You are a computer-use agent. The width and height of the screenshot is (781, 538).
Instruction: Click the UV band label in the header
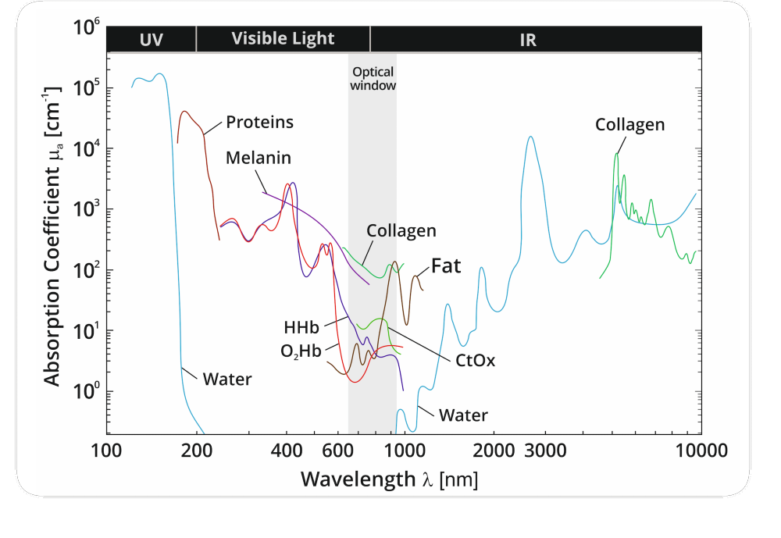151,39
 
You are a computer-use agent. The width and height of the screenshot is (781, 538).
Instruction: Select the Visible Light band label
283,38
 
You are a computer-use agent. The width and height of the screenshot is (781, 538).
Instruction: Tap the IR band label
528,39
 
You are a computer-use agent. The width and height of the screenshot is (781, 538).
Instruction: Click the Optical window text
373,79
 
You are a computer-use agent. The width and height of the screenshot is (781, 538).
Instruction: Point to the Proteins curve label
259,123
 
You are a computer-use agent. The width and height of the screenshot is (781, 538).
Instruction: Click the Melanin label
258,158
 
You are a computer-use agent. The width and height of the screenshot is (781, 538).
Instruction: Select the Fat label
446,267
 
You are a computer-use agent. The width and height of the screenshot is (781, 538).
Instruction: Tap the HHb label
301,328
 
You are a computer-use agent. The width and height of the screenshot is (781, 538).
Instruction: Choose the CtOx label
475,361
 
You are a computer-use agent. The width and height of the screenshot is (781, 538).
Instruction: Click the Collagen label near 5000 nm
629,125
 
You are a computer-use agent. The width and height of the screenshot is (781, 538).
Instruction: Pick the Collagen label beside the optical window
401,231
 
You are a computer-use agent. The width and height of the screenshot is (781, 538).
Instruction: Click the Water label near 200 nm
227,380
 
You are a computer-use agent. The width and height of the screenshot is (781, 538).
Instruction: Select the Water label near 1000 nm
463,415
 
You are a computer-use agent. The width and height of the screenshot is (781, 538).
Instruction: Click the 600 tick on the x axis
337,451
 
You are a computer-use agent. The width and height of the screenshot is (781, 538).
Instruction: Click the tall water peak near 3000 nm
531,138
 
